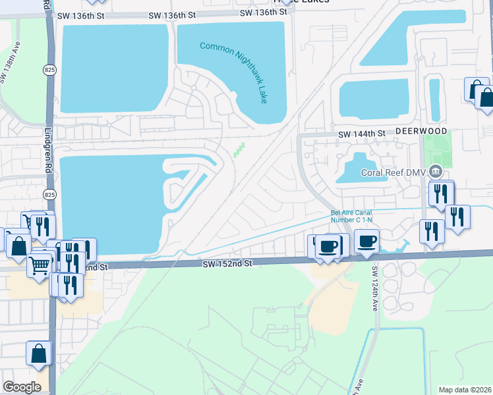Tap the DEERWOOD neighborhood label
tap(421, 132)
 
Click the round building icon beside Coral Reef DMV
tap(435, 172)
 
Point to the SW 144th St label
tap(362, 134)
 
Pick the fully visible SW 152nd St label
tap(227, 263)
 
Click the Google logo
tap(22, 386)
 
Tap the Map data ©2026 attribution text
tap(465, 390)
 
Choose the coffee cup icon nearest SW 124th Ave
tap(368, 241)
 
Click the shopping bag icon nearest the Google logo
tap(39, 353)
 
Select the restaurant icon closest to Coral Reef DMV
tap(441, 193)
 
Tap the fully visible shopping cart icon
tap(40, 265)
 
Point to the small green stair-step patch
tap(238, 150)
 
